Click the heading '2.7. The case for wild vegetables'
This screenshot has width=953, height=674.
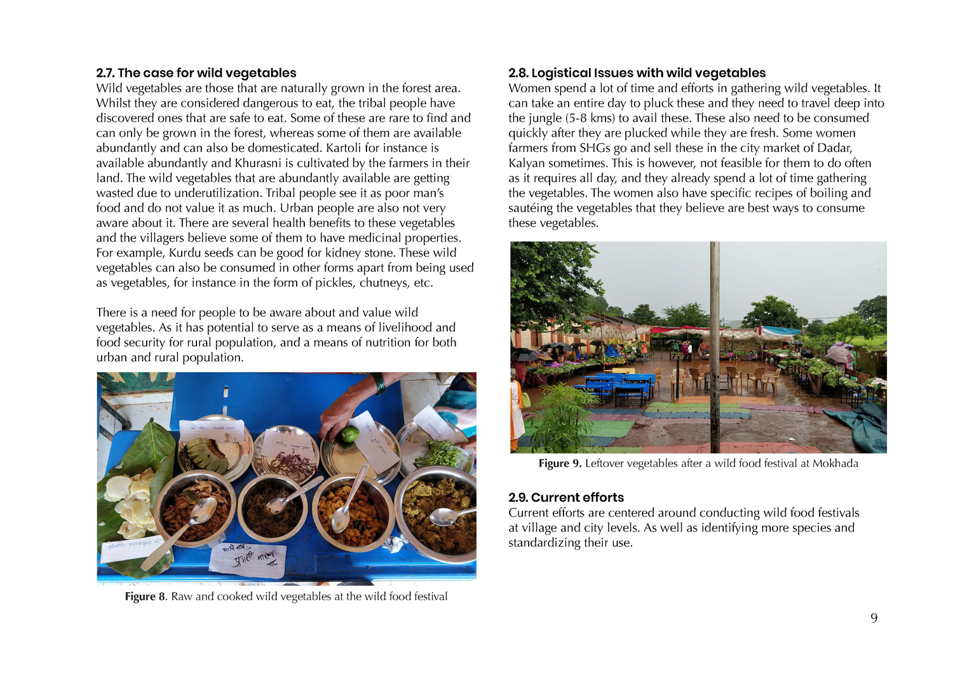point(196,73)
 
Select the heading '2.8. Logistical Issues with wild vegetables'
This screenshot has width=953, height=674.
point(637,73)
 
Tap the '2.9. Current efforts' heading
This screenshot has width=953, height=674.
point(565,497)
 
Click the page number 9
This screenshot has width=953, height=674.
point(874,618)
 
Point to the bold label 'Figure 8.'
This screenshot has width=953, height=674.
point(145,596)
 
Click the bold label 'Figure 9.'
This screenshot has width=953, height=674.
point(560,464)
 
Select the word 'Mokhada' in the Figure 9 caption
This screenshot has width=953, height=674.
point(835,464)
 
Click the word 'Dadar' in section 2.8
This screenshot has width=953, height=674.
point(834,148)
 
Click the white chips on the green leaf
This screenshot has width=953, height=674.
point(132,501)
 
